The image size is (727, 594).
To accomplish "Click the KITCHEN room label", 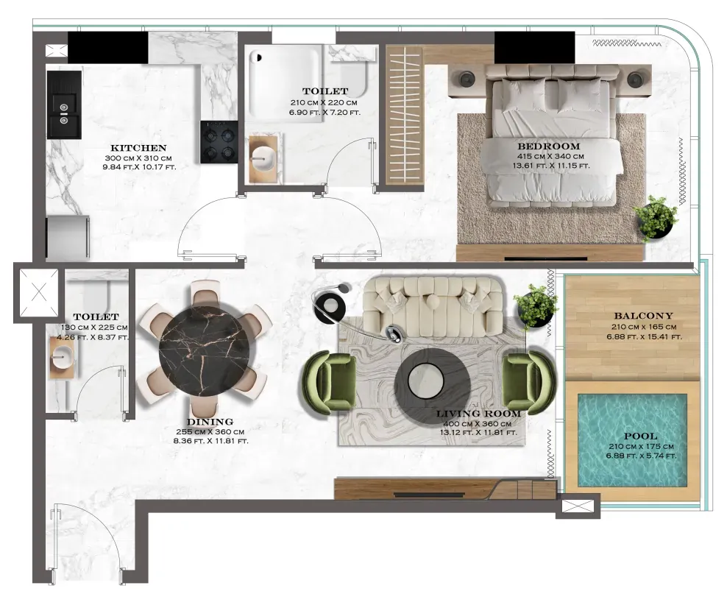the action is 138,148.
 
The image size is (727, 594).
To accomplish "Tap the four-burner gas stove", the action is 219,142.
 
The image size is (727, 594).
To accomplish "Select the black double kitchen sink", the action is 64,105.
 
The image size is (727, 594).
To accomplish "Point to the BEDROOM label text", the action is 548,146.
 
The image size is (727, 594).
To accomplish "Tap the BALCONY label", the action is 643,316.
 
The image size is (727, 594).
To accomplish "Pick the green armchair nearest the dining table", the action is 329,382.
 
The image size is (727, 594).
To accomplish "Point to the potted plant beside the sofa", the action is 536,306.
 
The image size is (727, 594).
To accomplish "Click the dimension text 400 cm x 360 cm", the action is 477,423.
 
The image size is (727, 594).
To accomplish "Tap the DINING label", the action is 210,422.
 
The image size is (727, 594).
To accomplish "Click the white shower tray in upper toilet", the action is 284,83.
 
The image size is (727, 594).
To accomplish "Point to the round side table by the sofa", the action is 332,305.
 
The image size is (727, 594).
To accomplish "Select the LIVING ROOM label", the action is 478,413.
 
